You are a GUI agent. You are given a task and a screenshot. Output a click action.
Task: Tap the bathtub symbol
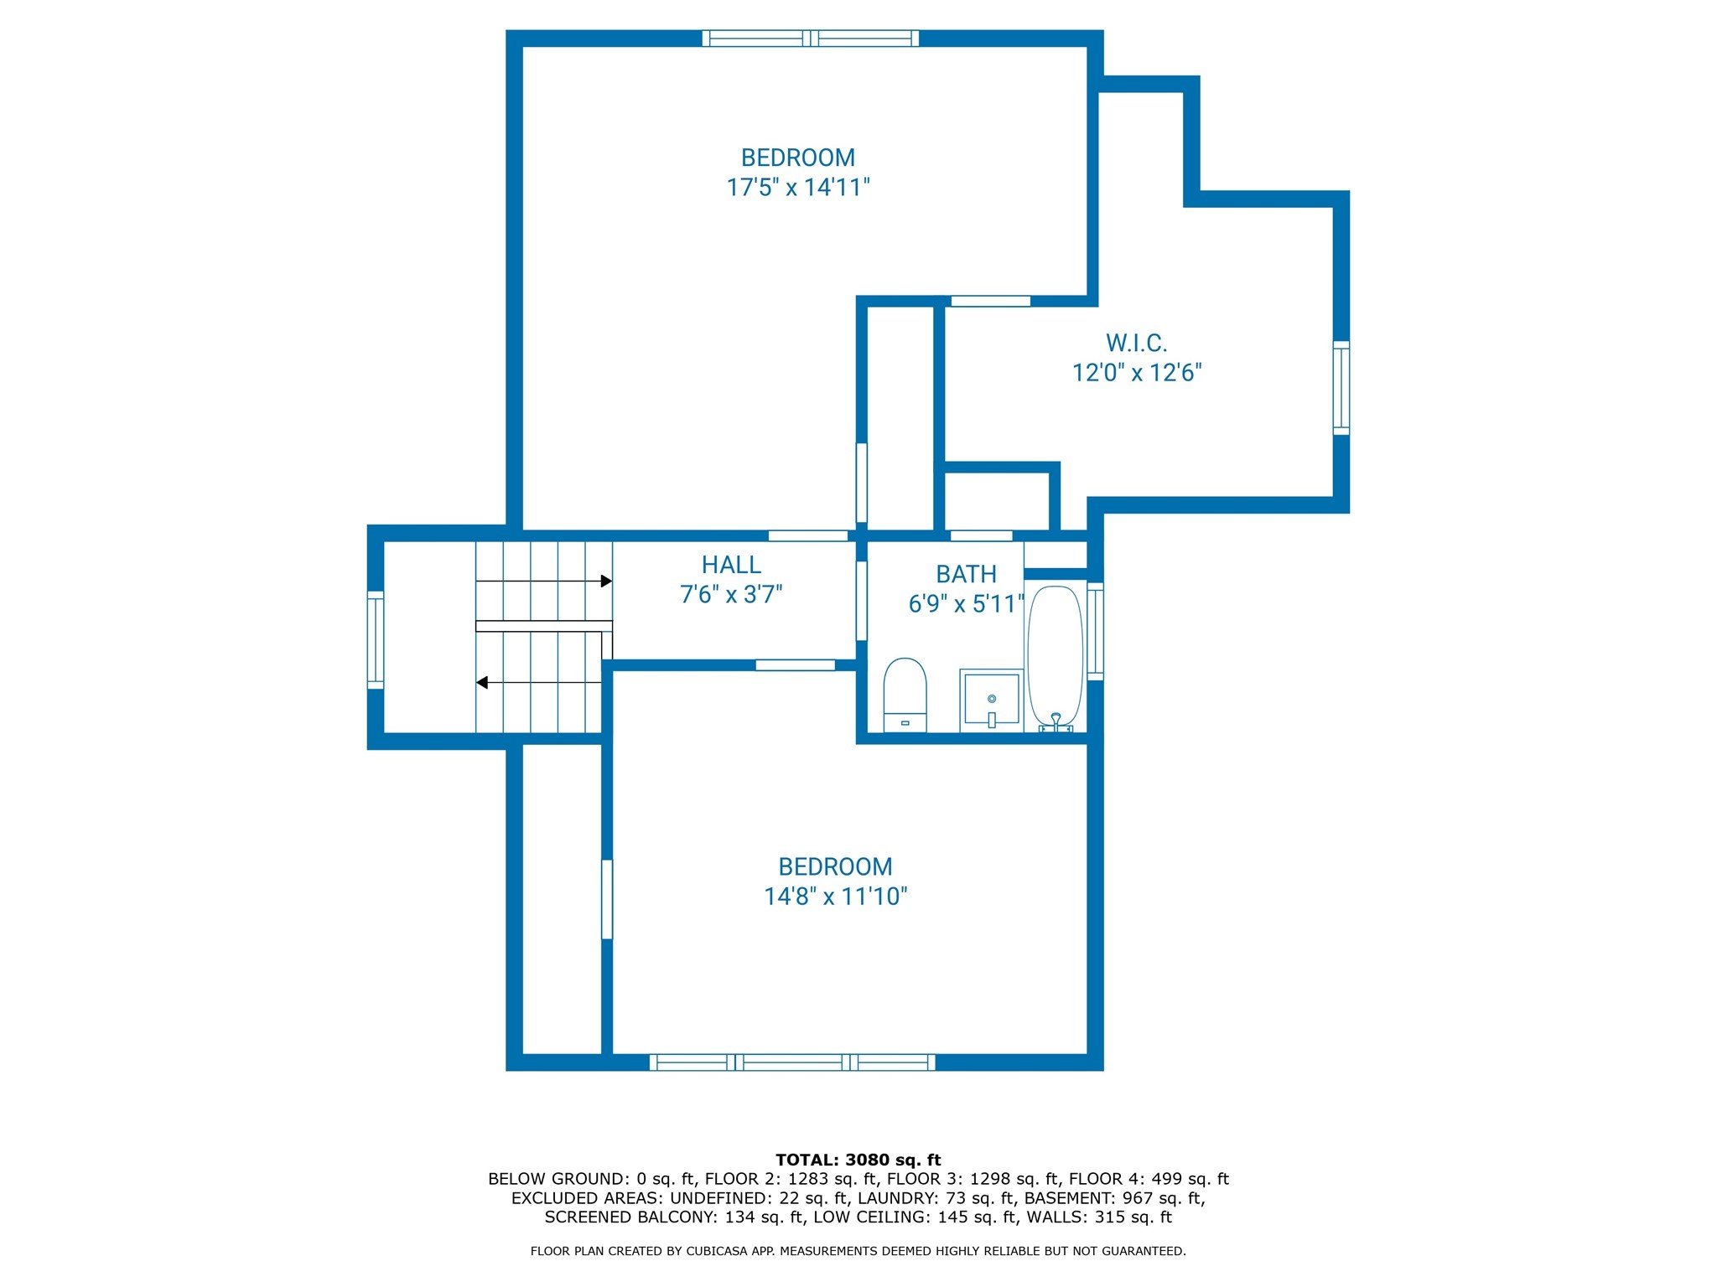tap(1056, 657)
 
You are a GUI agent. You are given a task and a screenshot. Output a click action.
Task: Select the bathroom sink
tap(991, 700)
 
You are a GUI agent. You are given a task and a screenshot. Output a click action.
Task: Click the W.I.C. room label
tap(1136, 343)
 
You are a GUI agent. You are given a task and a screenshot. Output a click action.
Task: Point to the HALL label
tap(731, 565)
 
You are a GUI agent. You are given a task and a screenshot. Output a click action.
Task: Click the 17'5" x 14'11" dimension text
tap(797, 187)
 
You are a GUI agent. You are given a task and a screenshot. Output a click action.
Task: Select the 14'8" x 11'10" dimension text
tap(835, 897)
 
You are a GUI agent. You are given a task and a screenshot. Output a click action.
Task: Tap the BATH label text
tap(966, 575)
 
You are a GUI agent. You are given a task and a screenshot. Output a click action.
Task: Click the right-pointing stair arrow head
tap(606, 581)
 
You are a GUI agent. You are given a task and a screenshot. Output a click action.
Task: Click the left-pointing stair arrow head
tap(482, 683)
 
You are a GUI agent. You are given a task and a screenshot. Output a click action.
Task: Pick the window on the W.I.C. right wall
tap(1341, 388)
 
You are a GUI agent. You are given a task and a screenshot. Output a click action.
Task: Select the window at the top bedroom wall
tap(810, 39)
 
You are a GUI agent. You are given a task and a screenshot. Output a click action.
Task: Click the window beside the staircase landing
tap(376, 640)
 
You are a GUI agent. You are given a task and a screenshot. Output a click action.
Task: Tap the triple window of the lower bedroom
tap(792, 1062)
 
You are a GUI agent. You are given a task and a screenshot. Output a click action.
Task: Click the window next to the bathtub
tap(1095, 630)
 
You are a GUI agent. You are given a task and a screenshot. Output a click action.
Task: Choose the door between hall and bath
tap(861, 601)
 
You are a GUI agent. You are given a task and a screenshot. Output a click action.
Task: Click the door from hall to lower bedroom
tap(795, 665)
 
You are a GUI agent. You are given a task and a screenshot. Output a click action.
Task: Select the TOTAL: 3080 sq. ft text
tap(858, 1160)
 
